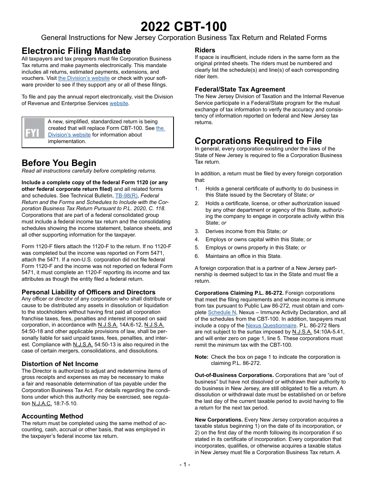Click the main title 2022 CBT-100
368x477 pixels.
[x=184, y=26]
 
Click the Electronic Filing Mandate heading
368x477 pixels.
[x=76, y=51]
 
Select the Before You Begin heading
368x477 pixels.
[x=59, y=163]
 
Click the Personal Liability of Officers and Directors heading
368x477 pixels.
[x=88, y=292]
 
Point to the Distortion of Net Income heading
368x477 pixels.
[x=60, y=364]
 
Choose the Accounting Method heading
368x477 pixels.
[x=52, y=416]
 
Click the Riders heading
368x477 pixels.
[x=205, y=50]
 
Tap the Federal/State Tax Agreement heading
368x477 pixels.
[x=240, y=89]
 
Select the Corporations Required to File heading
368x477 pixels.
[x=258, y=141]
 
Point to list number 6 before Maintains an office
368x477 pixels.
[x=197, y=256]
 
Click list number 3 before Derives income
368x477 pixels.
[x=197, y=231]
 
